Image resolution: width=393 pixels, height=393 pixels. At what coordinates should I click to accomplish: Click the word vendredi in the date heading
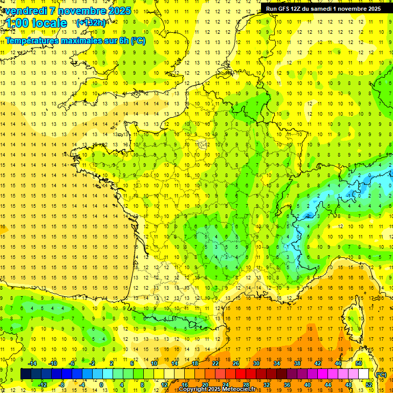click(x=26, y=11)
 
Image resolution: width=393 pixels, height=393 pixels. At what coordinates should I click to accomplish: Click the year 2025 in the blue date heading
click(x=117, y=11)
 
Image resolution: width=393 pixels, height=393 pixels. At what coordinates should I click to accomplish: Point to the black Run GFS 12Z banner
click(x=323, y=8)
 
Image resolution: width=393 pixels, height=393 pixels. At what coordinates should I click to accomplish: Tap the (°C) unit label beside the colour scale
click(x=381, y=374)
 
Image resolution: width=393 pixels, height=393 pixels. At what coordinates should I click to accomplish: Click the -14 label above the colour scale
click(x=33, y=363)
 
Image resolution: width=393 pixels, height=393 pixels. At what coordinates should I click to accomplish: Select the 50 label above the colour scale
click(x=358, y=363)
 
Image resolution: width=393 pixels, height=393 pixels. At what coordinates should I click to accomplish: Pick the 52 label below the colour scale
click(x=369, y=385)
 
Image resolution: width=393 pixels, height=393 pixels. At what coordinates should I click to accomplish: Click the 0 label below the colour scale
click(x=101, y=385)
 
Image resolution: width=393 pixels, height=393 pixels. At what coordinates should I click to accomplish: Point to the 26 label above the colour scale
click(x=235, y=363)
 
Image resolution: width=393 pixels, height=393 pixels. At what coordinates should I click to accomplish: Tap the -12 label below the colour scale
click(x=43, y=385)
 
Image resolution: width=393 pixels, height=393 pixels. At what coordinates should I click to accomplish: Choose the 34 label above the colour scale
click(x=276, y=363)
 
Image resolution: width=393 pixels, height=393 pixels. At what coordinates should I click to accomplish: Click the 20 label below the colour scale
click(x=205, y=385)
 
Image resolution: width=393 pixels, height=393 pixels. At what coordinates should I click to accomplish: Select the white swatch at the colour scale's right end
click(x=364, y=374)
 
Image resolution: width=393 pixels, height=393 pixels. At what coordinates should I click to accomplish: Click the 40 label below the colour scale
click(x=307, y=385)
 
